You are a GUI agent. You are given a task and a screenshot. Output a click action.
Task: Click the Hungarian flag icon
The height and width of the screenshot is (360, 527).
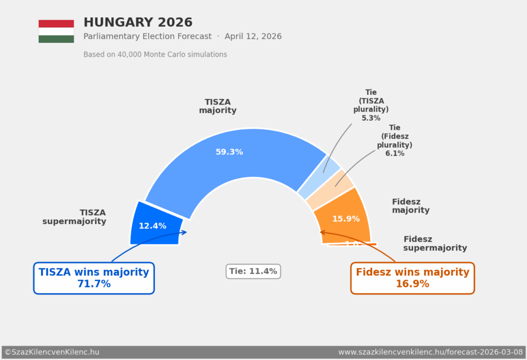pyautogui.click(x=56, y=31)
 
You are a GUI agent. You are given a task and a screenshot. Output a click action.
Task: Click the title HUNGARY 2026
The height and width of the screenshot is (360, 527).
pyautogui.click(x=138, y=23)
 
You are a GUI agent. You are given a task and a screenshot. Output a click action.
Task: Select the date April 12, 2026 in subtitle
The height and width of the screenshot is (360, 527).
pyautogui.click(x=253, y=37)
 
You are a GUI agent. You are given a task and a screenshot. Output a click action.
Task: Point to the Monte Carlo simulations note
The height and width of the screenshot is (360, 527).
pyautogui.click(x=155, y=55)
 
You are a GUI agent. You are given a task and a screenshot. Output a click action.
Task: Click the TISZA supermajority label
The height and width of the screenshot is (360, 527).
pyautogui.click(x=75, y=217)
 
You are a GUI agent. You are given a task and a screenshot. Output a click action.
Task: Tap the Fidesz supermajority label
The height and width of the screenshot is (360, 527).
pyautogui.click(x=435, y=244)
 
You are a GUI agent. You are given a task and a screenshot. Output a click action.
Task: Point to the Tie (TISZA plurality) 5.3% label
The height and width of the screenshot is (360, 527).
pyautogui.click(x=371, y=105)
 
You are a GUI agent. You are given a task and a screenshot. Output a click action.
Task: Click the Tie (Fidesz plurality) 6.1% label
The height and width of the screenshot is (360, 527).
pyautogui.click(x=395, y=141)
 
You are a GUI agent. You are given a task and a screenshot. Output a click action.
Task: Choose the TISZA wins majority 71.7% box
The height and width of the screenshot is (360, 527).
pyautogui.click(x=94, y=278)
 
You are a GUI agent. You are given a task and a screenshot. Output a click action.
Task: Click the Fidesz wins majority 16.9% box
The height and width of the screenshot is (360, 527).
pyautogui.click(x=412, y=278)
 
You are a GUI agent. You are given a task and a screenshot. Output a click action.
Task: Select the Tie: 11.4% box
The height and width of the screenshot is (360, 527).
pyautogui.click(x=253, y=271)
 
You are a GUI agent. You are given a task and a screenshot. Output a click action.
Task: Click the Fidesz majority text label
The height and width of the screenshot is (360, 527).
pyautogui.click(x=410, y=206)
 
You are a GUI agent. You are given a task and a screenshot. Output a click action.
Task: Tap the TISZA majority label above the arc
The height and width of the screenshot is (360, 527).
pyautogui.click(x=218, y=106)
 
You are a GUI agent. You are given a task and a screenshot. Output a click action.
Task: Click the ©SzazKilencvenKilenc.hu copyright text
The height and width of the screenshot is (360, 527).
pyautogui.click(x=52, y=352)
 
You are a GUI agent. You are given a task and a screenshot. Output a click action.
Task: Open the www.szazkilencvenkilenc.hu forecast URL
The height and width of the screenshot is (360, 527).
pyautogui.click(x=430, y=352)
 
